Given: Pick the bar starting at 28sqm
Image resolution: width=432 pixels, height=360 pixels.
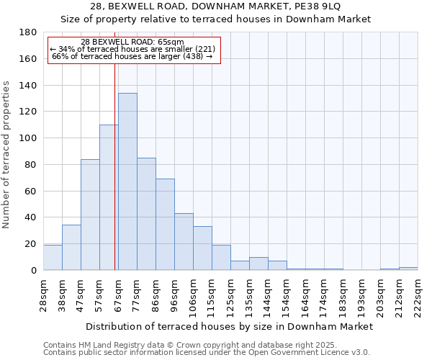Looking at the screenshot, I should pos(53,258).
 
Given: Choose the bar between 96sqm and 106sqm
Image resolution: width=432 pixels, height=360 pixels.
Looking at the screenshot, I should pos(184,242).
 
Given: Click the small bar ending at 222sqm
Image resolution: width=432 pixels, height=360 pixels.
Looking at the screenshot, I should pos(408,269).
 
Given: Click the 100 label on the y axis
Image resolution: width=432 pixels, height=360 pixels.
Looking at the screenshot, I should pos(27,138).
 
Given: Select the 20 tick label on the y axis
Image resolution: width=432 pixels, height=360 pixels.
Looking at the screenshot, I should pos(30,244).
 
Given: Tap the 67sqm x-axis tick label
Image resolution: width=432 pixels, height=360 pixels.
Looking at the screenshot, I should pos(119,294).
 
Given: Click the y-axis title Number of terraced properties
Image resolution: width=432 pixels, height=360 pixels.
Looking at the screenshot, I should pos(7,155).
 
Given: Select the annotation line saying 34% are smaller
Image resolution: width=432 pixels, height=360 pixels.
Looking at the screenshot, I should pos(132,49).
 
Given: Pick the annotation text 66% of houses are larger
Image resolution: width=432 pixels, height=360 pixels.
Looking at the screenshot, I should pos(132,56).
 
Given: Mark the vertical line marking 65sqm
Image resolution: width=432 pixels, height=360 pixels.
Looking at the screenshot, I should pos(114,166).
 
